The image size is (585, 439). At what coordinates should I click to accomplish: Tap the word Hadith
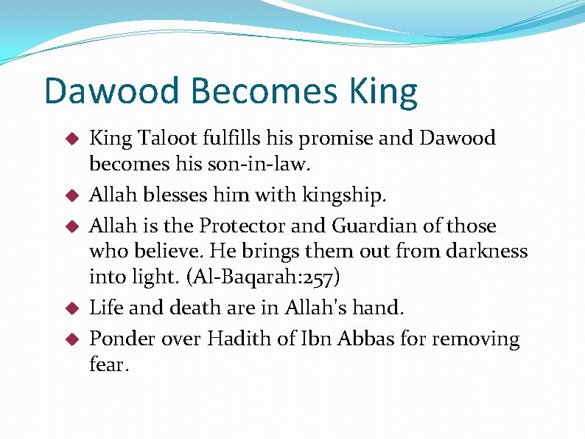[x=244, y=339]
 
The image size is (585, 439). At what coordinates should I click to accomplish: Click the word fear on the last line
[x=108, y=364]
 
